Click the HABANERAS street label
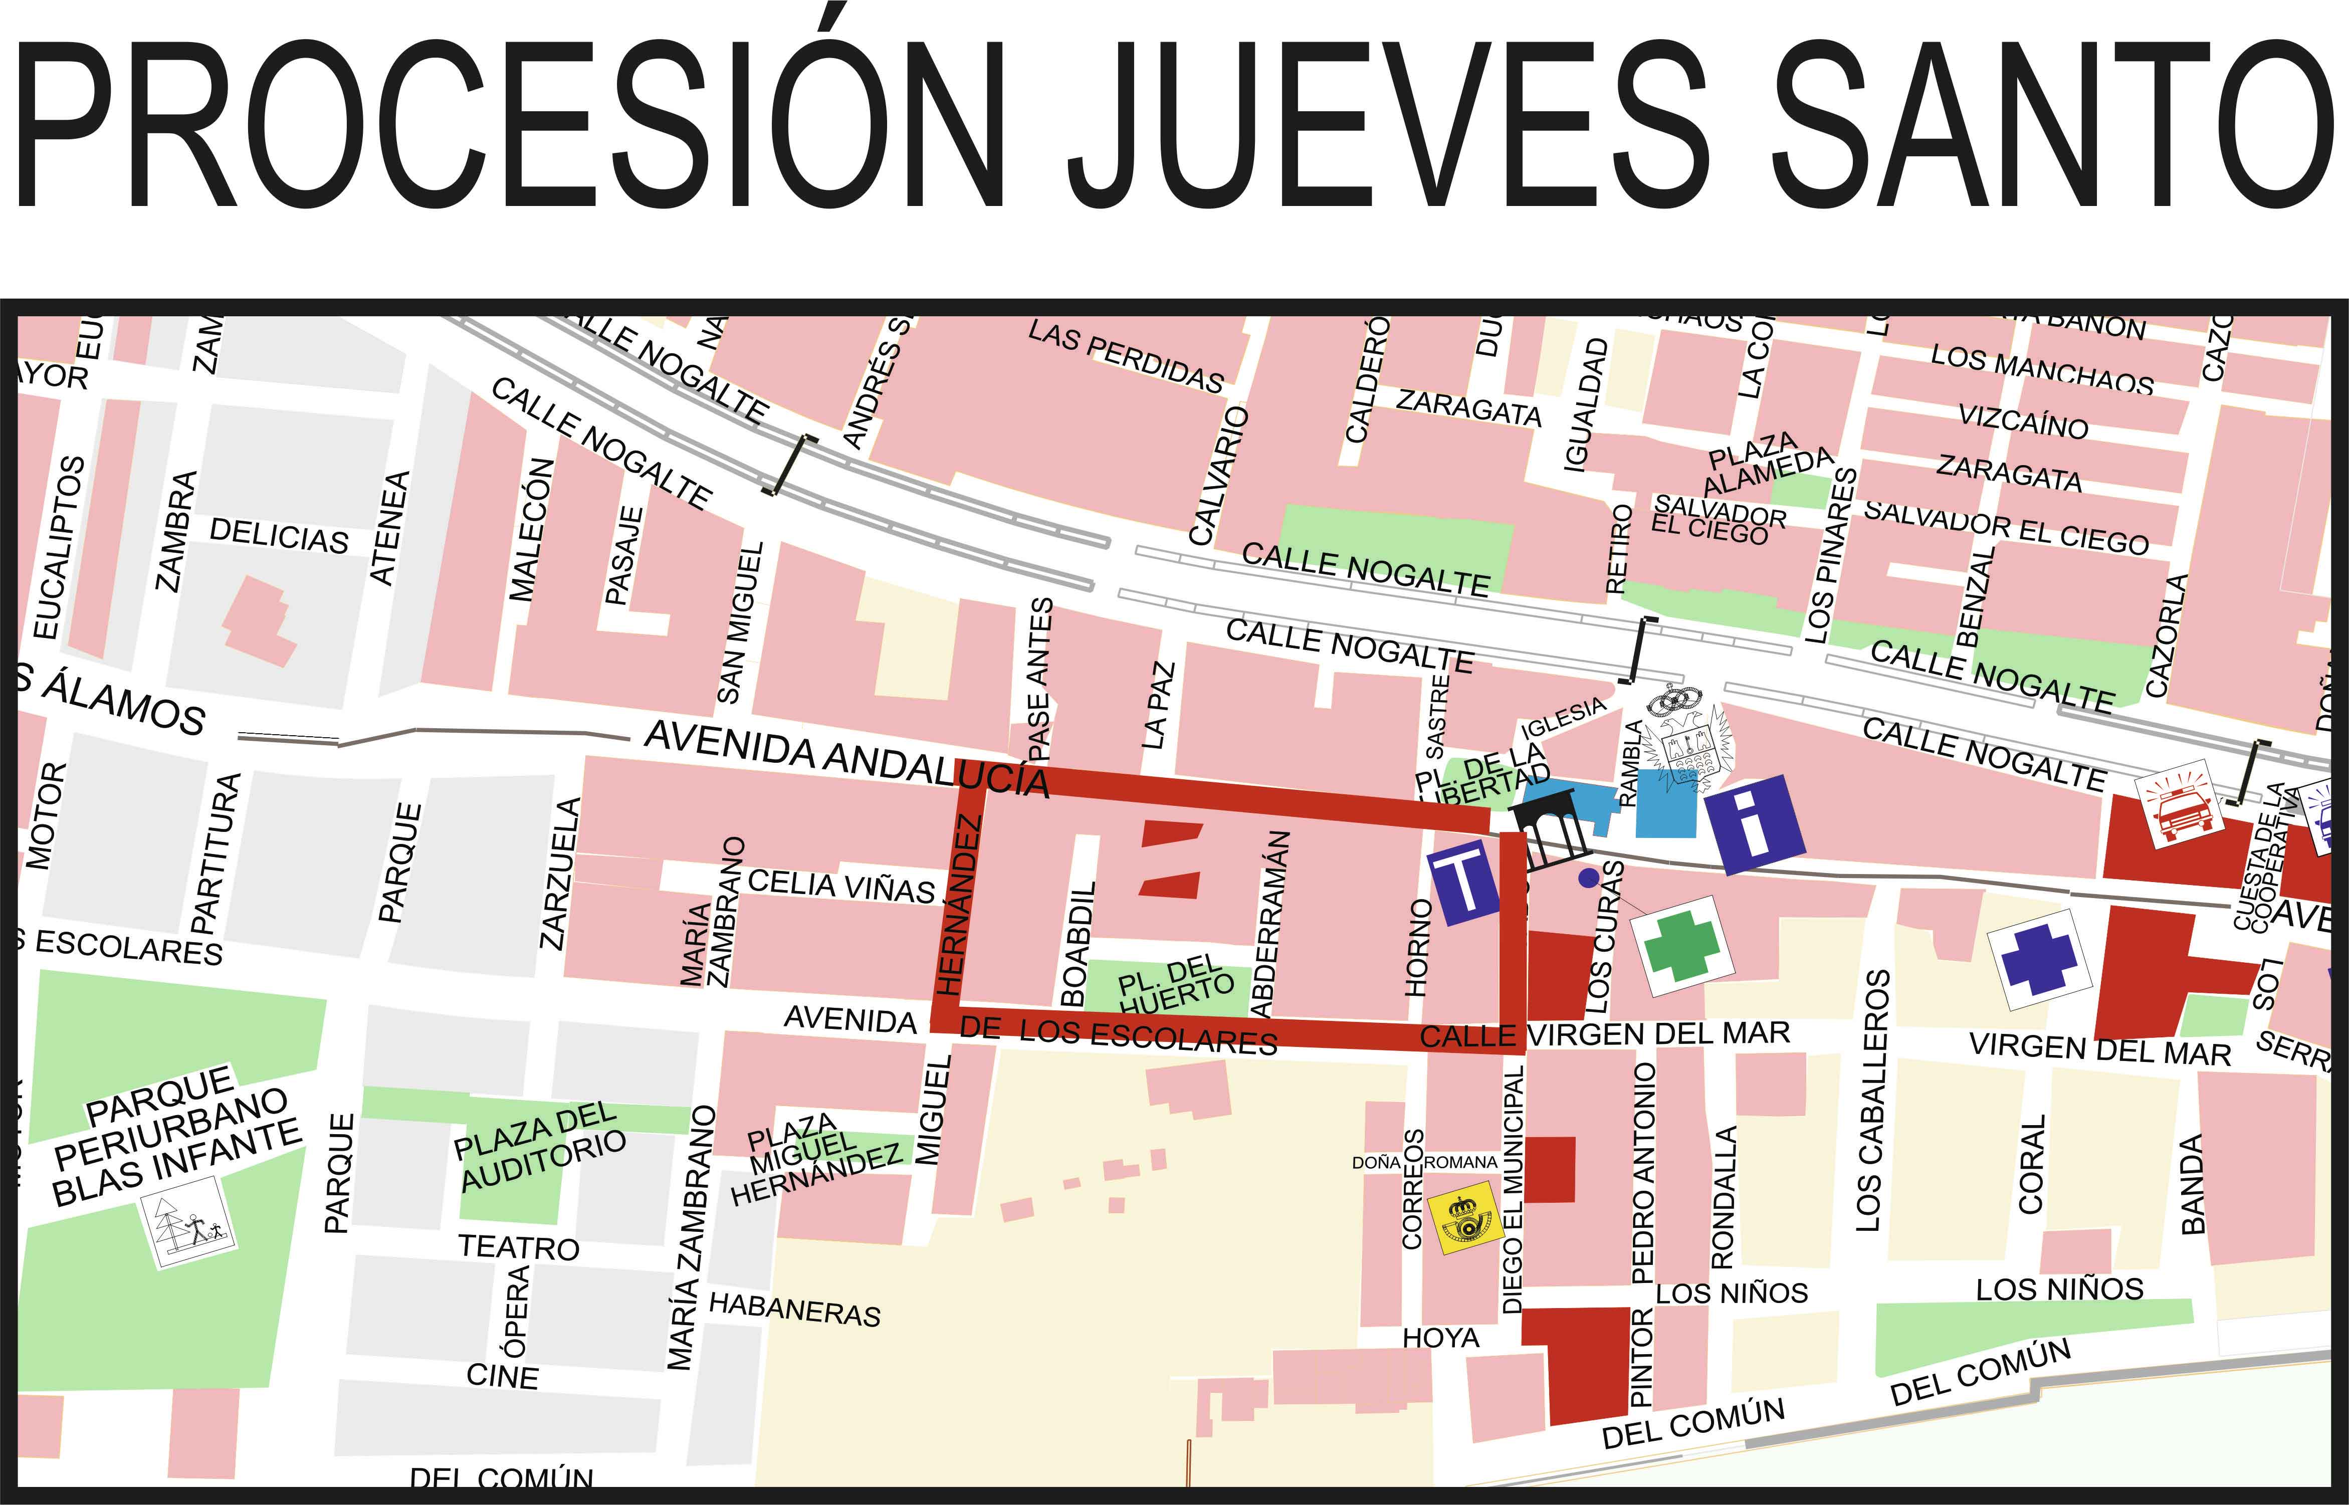pos(794,1309)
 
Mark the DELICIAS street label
pos(279,536)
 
